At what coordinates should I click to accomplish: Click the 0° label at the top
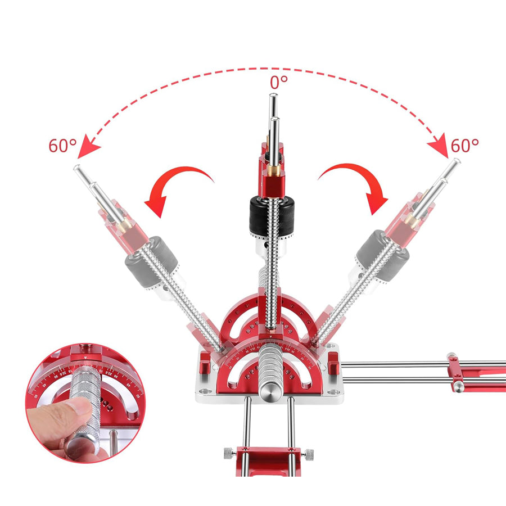click(279, 82)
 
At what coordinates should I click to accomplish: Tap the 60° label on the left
click(62, 146)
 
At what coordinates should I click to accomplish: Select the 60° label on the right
click(465, 146)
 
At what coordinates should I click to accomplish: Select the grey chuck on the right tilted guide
click(382, 258)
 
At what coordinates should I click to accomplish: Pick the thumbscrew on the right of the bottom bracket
click(310, 453)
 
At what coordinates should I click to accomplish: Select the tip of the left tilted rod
click(77, 168)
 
